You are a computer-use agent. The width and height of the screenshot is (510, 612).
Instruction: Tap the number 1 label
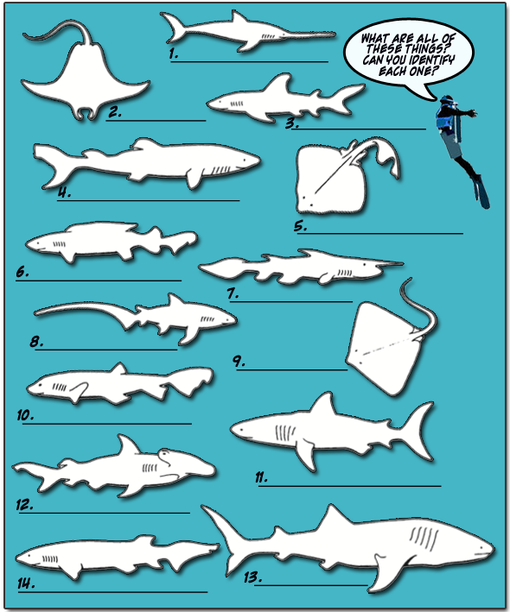click(174, 54)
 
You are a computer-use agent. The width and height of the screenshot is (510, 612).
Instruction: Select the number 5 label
click(300, 227)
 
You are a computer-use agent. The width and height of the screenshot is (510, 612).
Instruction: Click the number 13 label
click(253, 577)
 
